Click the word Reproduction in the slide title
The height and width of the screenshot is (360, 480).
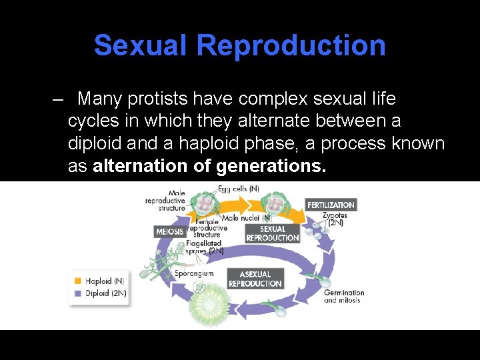291,45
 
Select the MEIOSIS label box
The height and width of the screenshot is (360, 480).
169,232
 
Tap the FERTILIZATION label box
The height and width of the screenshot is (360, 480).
331,205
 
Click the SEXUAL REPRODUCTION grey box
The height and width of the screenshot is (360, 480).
272,233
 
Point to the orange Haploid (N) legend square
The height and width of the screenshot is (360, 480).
78,281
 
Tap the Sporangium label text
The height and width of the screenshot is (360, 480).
193,273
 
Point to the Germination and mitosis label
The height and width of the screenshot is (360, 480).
344,296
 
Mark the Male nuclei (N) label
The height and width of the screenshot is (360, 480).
247,218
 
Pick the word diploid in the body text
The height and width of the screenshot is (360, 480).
94,144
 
